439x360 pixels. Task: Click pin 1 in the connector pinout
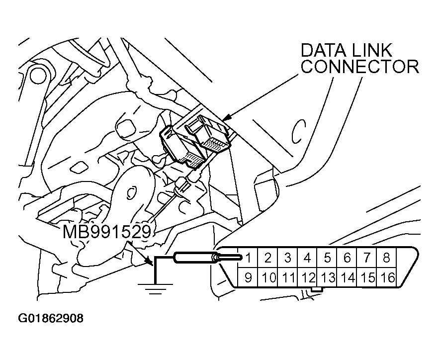pyautogui.click(x=248, y=258)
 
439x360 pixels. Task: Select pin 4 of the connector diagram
pyautogui.click(x=307, y=258)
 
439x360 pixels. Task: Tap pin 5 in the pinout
pyautogui.click(x=327, y=258)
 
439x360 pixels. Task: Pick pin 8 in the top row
pyautogui.click(x=386, y=258)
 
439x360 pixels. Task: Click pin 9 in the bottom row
pyautogui.click(x=248, y=277)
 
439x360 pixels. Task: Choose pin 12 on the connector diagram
pyautogui.click(x=308, y=277)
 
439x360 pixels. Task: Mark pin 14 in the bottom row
pyautogui.click(x=348, y=277)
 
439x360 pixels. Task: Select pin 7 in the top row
pyautogui.click(x=367, y=258)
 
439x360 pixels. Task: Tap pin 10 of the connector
pyautogui.click(x=268, y=277)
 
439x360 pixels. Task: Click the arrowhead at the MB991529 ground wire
pyautogui.click(x=148, y=261)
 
